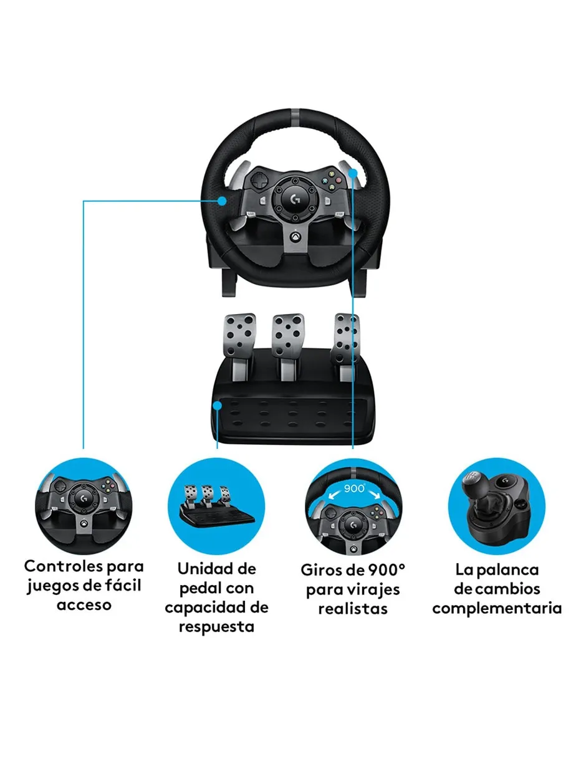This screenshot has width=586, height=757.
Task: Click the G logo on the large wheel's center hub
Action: (x=295, y=199)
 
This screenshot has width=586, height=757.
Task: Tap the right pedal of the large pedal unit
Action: (x=347, y=338)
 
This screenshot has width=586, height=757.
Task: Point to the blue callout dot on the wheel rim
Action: (x=222, y=201)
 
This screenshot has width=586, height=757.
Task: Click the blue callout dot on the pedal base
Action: (x=218, y=406)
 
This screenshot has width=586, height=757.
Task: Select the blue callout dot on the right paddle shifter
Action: (x=353, y=173)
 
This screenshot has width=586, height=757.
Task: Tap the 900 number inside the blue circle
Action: (x=353, y=488)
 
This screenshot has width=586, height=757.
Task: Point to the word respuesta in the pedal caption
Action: (x=216, y=627)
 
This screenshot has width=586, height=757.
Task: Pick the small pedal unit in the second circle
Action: (x=216, y=505)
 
